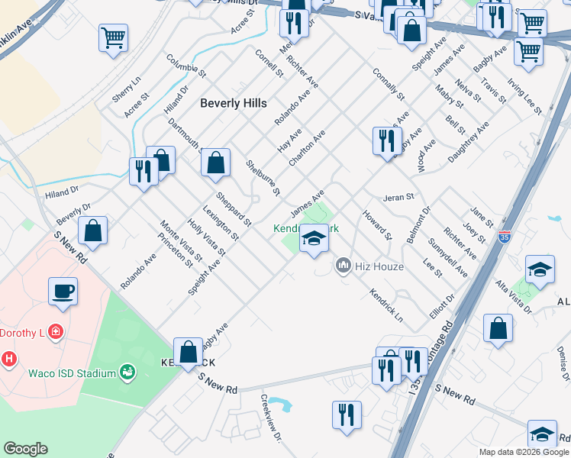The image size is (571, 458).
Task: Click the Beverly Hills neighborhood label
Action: click(x=234, y=103)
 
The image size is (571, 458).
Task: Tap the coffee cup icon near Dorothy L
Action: click(x=63, y=290)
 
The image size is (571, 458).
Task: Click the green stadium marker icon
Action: click(x=127, y=373)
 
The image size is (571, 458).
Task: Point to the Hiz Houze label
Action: click(x=379, y=266)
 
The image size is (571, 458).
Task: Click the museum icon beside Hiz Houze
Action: click(x=344, y=266)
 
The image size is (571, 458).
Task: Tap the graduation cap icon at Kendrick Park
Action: click(x=313, y=239)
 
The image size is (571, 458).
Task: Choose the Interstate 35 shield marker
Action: click(x=503, y=237)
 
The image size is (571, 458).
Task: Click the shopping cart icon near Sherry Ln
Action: click(x=113, y=37)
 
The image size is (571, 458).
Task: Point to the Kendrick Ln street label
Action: click(x=386, y=304)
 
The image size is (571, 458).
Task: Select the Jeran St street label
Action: click(x=398, y=196)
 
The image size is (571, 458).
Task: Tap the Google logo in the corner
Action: click(x=25, y=449)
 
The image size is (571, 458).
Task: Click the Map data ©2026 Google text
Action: click(x=523, y=452)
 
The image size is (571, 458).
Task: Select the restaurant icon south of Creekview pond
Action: click(x=347, y=415)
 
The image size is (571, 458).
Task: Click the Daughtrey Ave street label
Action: click(x=468, y=140)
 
